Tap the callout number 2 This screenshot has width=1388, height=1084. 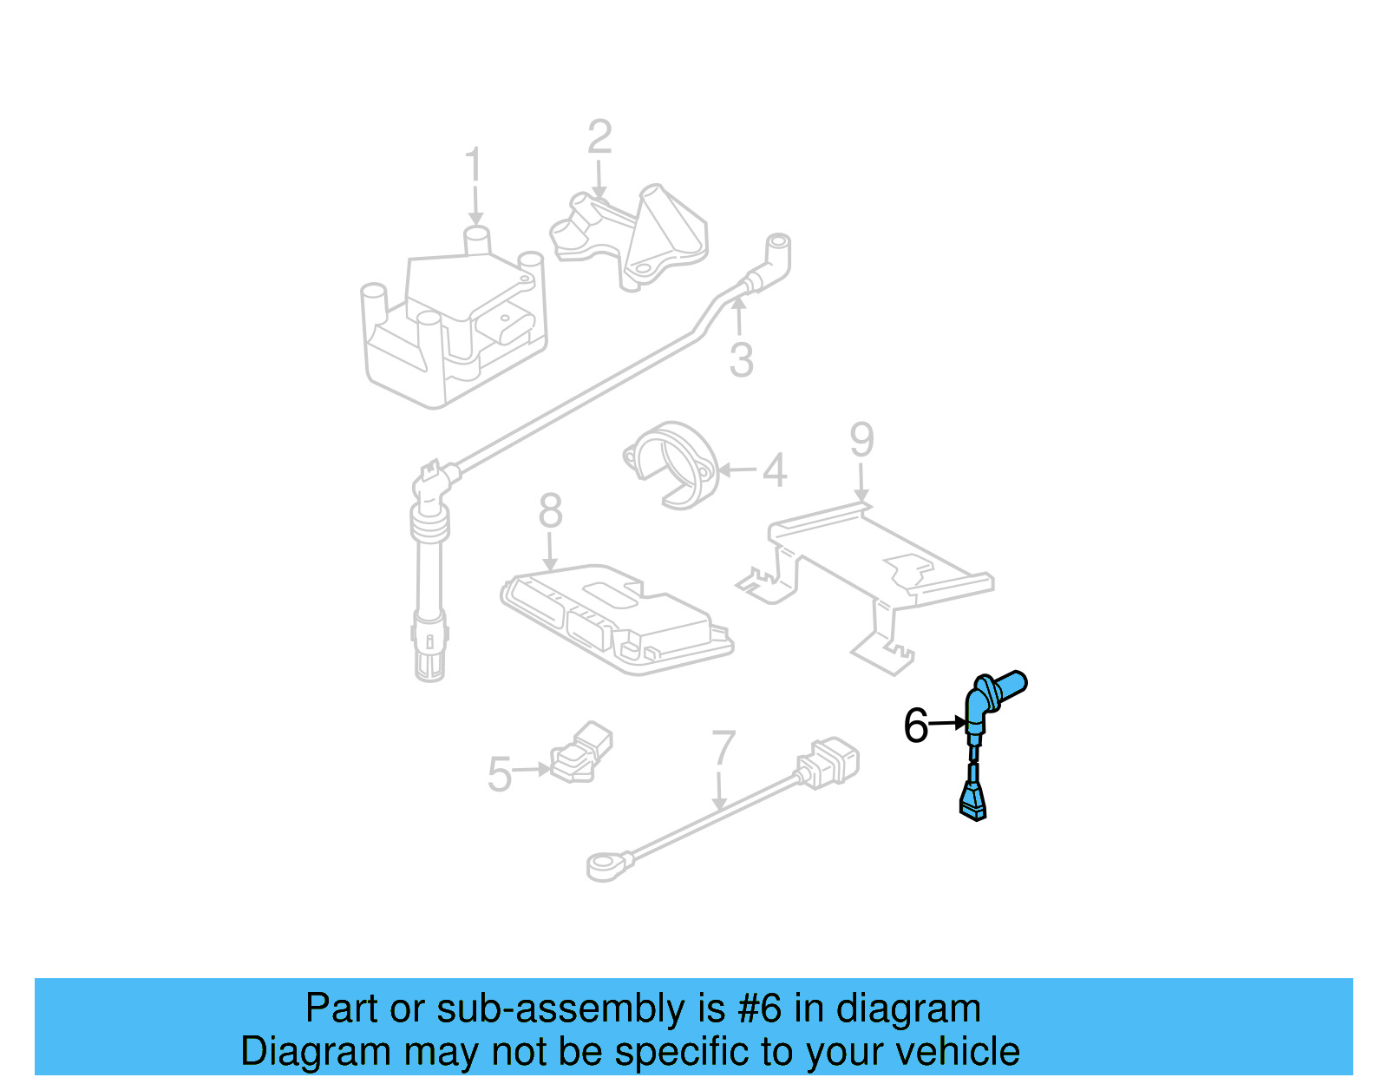[599, 137]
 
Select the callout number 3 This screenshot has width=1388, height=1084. [741, 359]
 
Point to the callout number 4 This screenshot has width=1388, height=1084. [774, 470]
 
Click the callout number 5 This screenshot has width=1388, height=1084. [500, 774]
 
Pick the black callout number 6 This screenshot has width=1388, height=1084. [915, 726]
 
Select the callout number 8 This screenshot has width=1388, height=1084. [550, 511]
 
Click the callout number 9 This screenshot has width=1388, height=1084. [861, 440]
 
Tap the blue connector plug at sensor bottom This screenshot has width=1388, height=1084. [972, 801]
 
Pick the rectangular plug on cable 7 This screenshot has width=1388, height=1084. [830, 762]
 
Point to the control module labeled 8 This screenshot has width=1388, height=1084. [616, 618]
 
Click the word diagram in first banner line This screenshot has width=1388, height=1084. [908, 1009]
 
